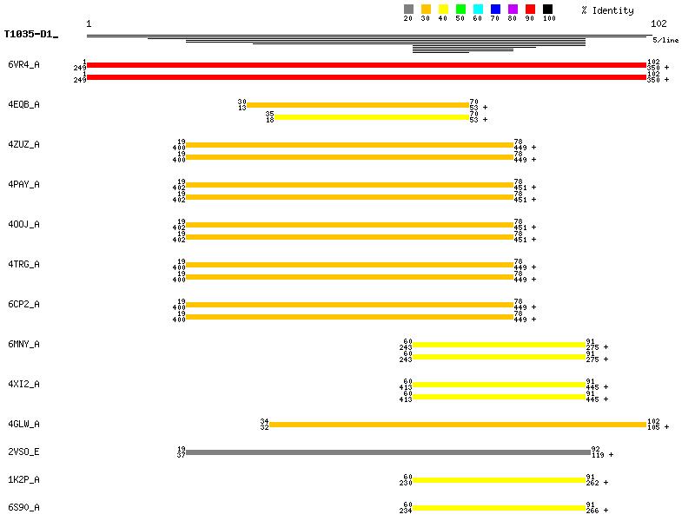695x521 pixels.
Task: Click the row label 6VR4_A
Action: (23, 64)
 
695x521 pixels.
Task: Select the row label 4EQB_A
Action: (23, 104)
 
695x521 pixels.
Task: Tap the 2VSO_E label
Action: (23, 452)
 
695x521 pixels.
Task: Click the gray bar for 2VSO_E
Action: (387, 452)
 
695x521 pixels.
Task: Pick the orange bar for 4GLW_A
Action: (458, 425)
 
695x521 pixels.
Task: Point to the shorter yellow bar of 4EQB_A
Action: (372, 117)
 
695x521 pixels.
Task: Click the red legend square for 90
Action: (530, 10)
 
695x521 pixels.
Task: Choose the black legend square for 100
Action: (547, 10)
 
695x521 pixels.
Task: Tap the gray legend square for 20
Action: (408, 10)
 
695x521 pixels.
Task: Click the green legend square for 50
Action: (460, 10)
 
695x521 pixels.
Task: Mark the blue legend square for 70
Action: (495, 10)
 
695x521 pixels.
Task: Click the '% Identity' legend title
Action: (608, 10)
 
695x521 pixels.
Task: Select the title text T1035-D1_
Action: (30, 35)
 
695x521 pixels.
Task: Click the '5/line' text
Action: (666, 40)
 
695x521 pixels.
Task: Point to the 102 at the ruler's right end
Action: (659, 23)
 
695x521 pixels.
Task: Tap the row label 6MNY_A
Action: (23, 344)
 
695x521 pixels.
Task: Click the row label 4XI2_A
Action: (23, 384)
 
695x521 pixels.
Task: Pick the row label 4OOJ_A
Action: (23, 224)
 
